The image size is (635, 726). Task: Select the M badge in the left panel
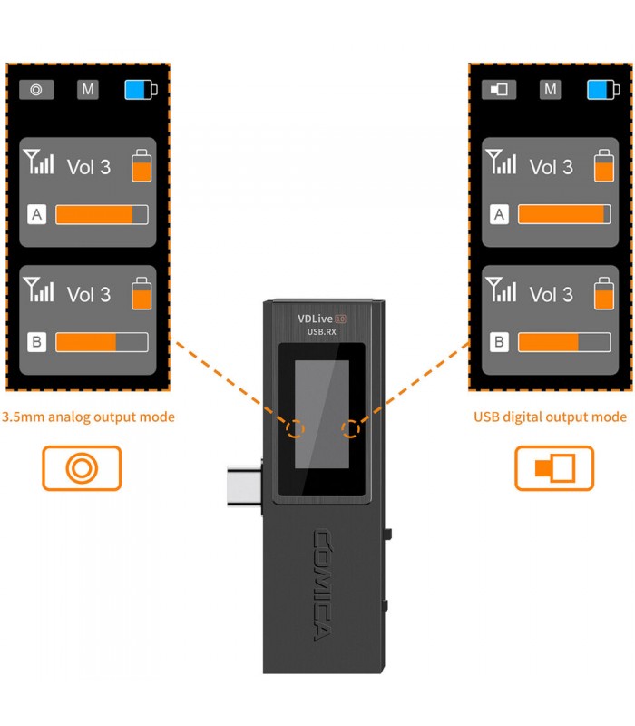pyautogui.click(x=88, y=90)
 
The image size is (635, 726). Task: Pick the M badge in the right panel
pyautogui.click(x=550, y=90)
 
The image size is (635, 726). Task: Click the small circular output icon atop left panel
pyautogui.click(x=36, y=90)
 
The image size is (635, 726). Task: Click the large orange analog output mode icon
pyautogui.click(x=82, y=468)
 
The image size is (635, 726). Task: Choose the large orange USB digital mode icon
pyautogui.click(x=554, y=468)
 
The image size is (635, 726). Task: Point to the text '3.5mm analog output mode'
pyautogui.click(x=88, y=417)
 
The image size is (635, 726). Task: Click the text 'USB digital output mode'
pyautogui.click(x=550, y=417)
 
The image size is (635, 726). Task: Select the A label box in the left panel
pyautogui.click(x=37, y=214)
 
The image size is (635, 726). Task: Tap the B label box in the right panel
pyautogui.click(x=499, y=342)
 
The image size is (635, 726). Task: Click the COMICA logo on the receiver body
pyautogui.click(x=323, y=584)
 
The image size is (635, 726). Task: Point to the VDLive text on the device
pyautogui.click(x=316, y=319)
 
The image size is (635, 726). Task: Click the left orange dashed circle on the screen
pyautogui.click(x=295, y=427)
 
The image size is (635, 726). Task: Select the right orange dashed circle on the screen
pyautogui.click(x=351, y=427)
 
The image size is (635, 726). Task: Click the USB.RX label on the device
pyautogui.click(x=322, y=332)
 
